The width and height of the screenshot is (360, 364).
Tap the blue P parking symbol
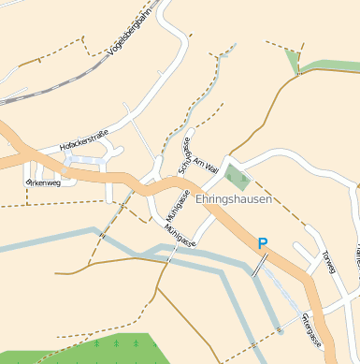[263, 243]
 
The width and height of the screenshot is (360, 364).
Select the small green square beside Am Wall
[237, 178]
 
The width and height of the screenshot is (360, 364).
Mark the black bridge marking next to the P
[255, 265]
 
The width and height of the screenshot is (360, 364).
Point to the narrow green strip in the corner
[327, 66]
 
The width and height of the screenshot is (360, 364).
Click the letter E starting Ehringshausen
[200, 198]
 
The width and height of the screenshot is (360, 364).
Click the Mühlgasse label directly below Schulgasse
[174, 207]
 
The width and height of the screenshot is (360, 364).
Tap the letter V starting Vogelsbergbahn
[111, 54]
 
